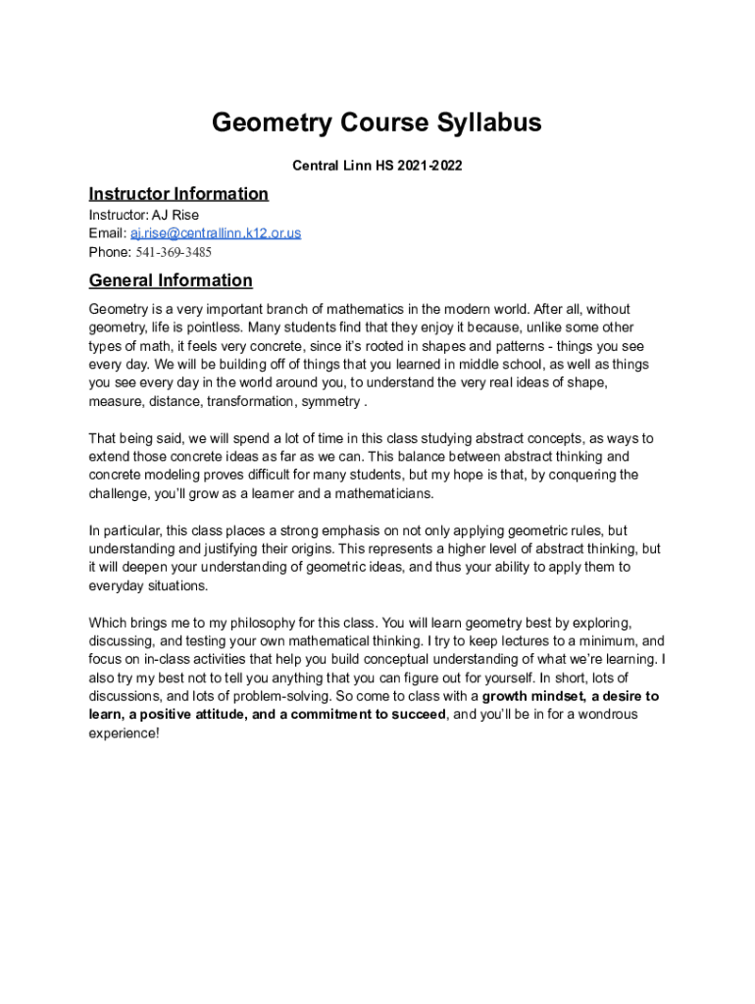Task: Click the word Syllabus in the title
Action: pyautogui.click(x=481, y=124)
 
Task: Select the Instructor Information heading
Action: pyautogui.click(x=178, y=193)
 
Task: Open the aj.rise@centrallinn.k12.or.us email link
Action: pyautogui.click(x=216, y=233)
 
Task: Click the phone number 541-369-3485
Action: pyautogui.click(x=174, y=252)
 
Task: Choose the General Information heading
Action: pyautogui.click(x=171, y=280)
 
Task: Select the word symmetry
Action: pyautogui.click(x=330, y=401)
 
